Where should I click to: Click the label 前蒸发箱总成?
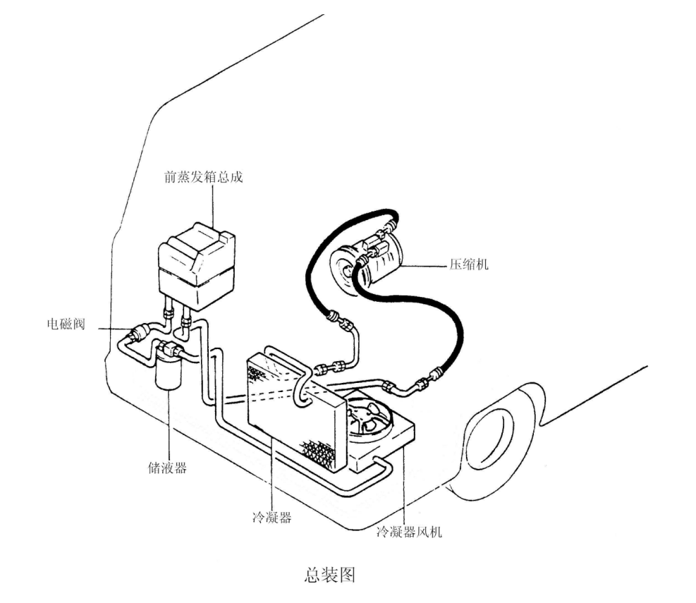(204, 177)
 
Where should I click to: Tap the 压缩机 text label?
(469, 264)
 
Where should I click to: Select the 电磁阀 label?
(66, 324)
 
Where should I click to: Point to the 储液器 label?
(167, 468)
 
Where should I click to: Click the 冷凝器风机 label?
(409, 532)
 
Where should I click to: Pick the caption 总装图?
(330, 575)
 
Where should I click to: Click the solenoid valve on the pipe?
(138, 333)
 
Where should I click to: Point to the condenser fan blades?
(365, 418)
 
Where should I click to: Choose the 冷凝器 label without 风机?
(272, 517)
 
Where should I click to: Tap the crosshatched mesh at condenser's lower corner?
(319, 453)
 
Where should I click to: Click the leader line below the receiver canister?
(169, 425)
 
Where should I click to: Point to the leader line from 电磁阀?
(113, 329)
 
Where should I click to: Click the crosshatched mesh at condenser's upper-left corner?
(257, 372)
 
